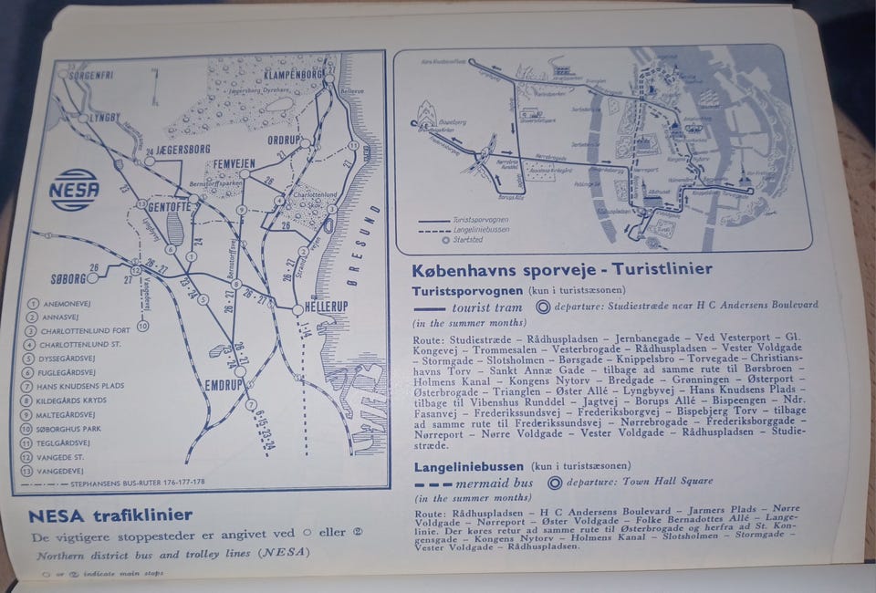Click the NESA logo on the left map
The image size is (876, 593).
(x=74, y=190)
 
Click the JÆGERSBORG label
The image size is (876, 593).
(x=182, y=149)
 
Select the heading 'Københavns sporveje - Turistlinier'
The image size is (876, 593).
(x=563, y=270)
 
